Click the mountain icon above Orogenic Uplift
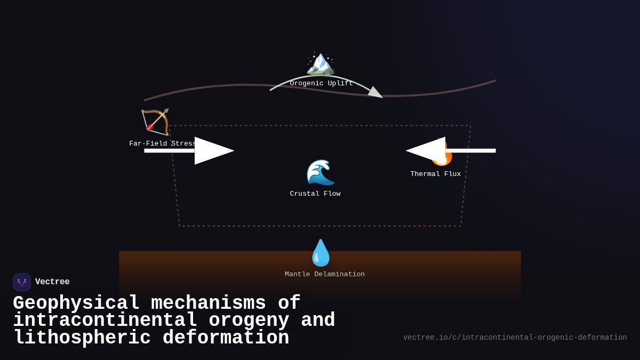point(320,63)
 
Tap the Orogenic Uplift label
point(321,83)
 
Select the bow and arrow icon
point(155,122)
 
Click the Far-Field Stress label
point(163,143)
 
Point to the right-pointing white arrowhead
point(213,150)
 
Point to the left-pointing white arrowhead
point(426,150)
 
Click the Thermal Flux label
point(435,174)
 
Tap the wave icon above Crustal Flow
point(320,172)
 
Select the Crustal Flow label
point(315,194)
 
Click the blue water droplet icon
point(321,253)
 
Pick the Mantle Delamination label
point(324,274)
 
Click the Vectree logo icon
point(22,282)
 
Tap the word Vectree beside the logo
point(52,282)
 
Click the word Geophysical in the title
point(76,303)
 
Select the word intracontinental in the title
point(105,321)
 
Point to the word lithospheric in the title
point(82,338)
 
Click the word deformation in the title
point(226,338)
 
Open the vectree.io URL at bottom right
point(515,338)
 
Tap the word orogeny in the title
point(249,321)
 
